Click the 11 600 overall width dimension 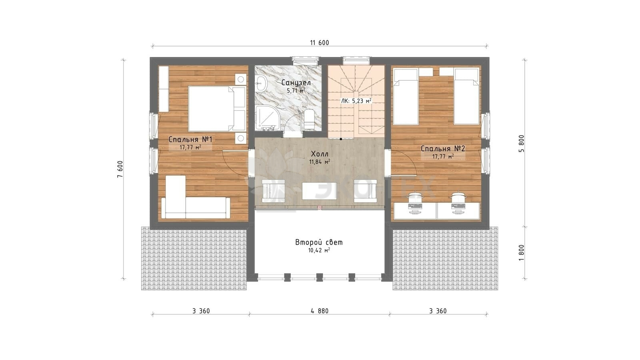(x=320, y=43)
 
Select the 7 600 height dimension (x=120, y=169)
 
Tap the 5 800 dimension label (x=522, y=144)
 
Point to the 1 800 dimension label (x=522, y=252)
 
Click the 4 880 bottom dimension (x=320, y=311)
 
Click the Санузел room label (x=296, y=83)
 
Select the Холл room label (x=320, y=154)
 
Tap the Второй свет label (x=319, y=242)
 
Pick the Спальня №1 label (x=190, y=140)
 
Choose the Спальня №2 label (x=443, y=148)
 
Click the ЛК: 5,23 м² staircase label (x=356, y=101)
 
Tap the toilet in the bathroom (x=309, y=120)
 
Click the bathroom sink (x=260, y=84)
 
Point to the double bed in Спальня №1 (x=217, y=108)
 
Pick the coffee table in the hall (x=319, y=191)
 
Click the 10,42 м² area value (x=319, y=250)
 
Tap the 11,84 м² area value (x=320, y=162)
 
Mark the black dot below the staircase (x=341, y=139)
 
